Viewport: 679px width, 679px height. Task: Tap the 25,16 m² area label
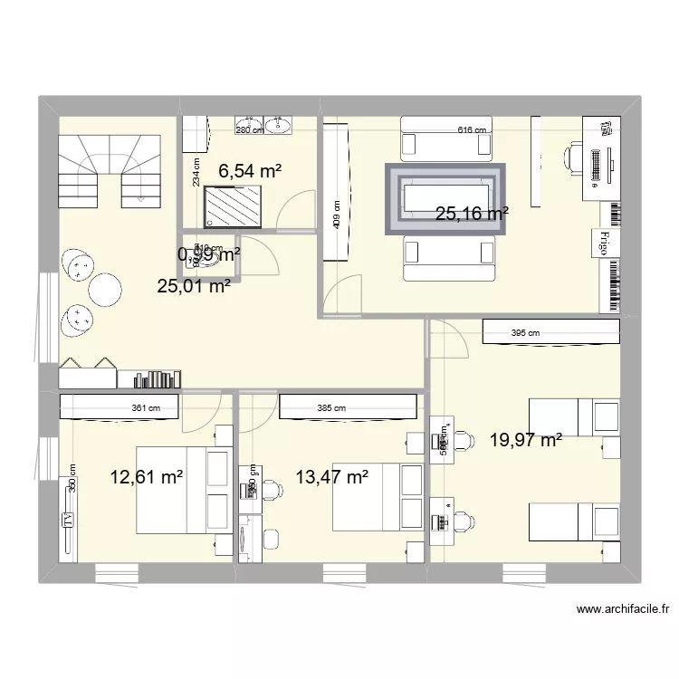[472, 215]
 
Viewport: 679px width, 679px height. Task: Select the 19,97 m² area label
[526, 441]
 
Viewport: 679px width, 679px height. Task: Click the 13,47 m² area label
[331, 476]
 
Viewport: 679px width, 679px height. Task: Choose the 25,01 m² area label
[194, 288]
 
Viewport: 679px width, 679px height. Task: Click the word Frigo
[601, 243]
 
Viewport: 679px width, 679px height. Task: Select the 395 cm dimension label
[526, 333]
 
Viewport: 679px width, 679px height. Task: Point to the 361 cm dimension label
[146, 408]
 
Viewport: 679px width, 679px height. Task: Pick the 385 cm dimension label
[331, 408]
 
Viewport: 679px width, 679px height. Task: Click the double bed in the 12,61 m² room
[181, 489]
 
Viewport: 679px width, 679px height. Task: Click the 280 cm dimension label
[249, 130]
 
